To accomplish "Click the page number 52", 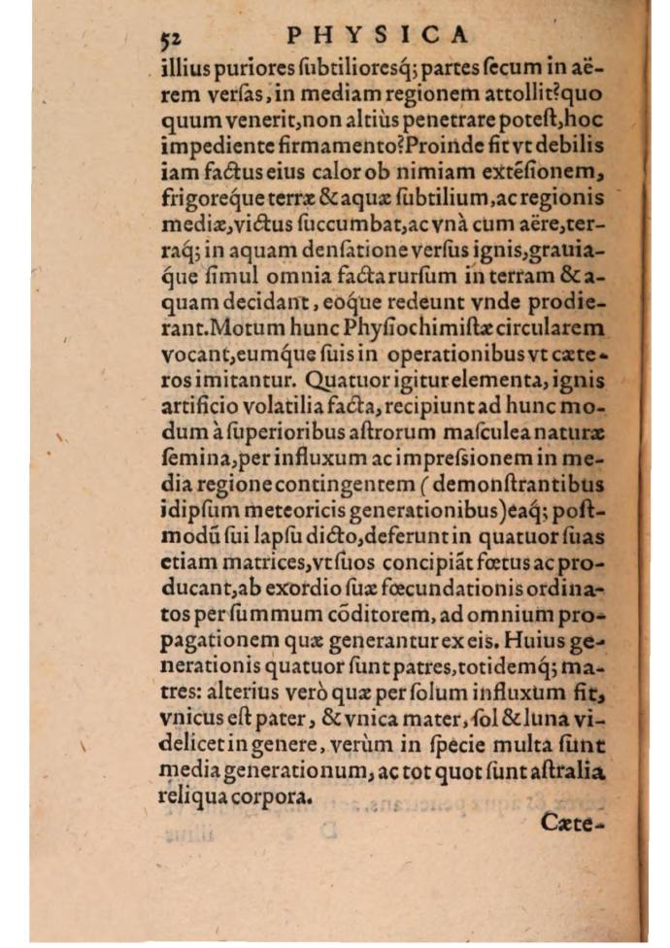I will [x=172, y=38].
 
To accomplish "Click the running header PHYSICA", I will [x=380, y=35].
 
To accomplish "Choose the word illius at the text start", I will [x=184, y=69].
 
